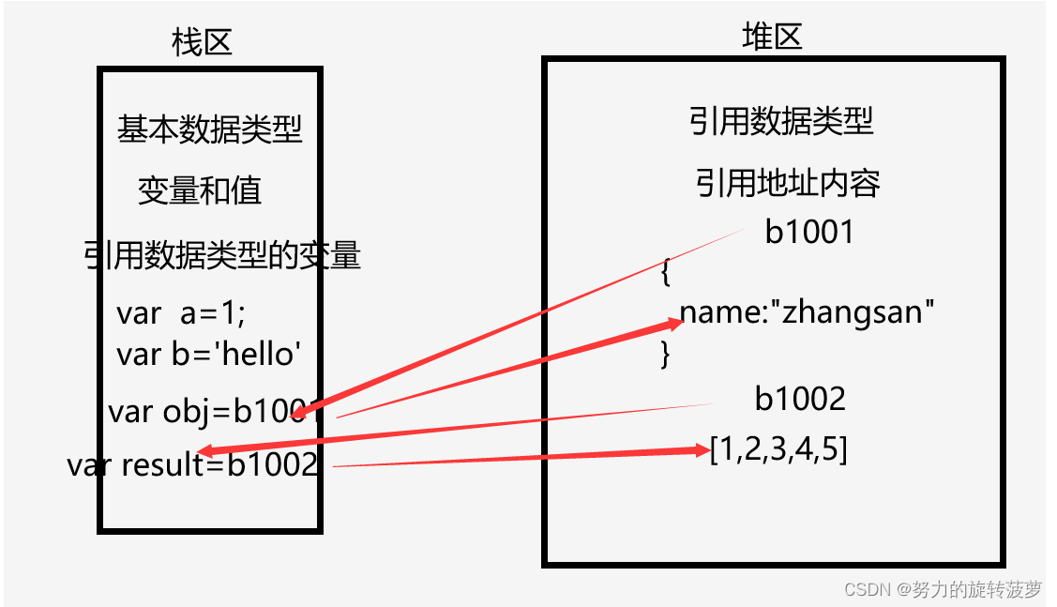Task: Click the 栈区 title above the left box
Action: (202, 42)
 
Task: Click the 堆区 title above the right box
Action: (772, 37)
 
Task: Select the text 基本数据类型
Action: (210, 129)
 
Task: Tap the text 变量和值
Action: (200, 191)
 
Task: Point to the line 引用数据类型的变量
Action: (222, 255)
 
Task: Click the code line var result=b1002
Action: (193, 464)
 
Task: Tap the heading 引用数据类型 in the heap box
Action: (781, 121)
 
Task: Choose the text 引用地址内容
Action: (788, 184)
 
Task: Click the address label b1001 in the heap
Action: (809, 232)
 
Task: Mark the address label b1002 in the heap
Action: (800, 399)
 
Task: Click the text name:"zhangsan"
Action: (808, 311)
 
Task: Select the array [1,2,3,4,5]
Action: (779, 450)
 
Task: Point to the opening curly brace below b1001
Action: (665, 273)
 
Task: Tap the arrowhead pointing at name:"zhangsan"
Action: (674, 324)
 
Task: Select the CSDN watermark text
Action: (942, 589)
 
